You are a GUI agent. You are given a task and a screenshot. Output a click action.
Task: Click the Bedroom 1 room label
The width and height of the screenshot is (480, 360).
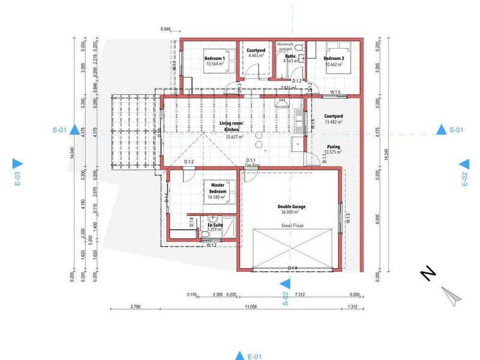pyautogui.click(x=214, y=52)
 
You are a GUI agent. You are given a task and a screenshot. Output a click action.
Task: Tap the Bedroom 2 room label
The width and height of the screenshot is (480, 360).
pyautogui.click(x=334, y=52)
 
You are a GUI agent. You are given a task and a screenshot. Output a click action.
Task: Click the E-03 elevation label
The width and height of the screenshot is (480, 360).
pyautogui.click(x=17, y=179)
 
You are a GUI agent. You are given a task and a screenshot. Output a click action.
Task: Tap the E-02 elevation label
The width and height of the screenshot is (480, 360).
pyautogui.click(x=464, y=179)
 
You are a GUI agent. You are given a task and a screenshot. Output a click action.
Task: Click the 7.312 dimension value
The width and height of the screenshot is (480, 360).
pyautogui.click(x=298, y=295)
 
